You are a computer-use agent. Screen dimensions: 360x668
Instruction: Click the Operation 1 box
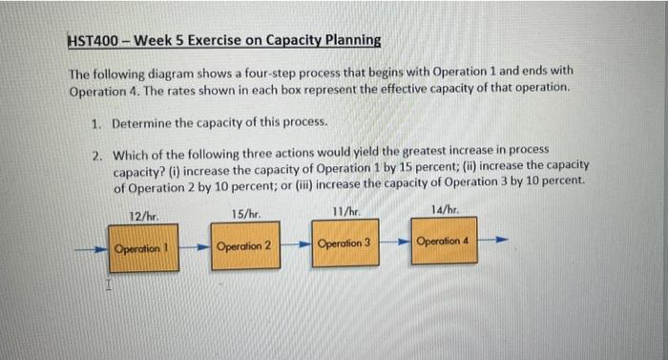141,249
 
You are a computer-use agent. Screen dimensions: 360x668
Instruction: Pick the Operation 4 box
444,242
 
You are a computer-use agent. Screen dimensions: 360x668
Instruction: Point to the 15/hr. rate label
244,214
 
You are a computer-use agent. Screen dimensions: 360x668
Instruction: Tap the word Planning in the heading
349,41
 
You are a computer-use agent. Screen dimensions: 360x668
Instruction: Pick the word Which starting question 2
131,153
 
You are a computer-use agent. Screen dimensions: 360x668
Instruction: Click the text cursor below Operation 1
109,284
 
